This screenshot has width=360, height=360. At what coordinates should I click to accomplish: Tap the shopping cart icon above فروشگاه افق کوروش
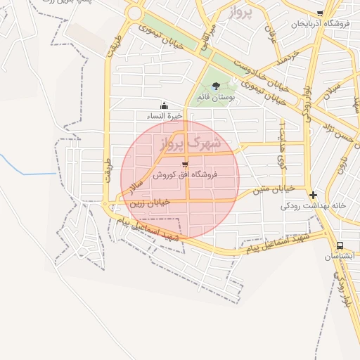coord(185,164)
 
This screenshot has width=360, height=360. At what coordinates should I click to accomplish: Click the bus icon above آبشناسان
coord(340,246)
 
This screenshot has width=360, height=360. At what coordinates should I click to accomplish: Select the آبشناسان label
coord(340,257)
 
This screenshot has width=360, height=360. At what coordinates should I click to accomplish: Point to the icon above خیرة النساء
coord(165,106)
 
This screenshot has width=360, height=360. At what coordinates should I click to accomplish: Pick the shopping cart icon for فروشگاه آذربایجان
coord(320,13)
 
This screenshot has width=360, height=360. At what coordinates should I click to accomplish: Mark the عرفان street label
coord(271,28)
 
